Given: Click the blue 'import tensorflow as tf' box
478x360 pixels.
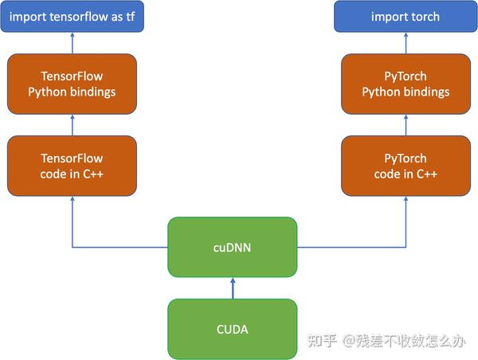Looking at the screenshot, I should (72, 17).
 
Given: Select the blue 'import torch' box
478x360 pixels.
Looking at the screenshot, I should (405, 17).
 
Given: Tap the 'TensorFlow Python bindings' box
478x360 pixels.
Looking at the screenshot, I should (72, 84).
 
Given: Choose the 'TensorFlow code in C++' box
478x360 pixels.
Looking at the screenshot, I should (72, 166).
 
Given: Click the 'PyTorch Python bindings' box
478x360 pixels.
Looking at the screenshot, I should (405, 84).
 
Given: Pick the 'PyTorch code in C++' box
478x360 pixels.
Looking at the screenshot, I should (405, 166).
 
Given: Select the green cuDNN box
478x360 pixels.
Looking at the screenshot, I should (232, 247).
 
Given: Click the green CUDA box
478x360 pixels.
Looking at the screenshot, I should (232, 328).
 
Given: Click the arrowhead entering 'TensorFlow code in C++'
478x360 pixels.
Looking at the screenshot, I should (72, 200).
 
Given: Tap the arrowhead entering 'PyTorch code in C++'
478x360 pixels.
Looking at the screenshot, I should (405, 200).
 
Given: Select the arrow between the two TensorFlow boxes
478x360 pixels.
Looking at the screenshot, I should (72, 124).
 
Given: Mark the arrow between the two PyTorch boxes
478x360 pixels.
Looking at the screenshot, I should (405, 124).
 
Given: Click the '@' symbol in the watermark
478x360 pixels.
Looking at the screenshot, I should (348, 341).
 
